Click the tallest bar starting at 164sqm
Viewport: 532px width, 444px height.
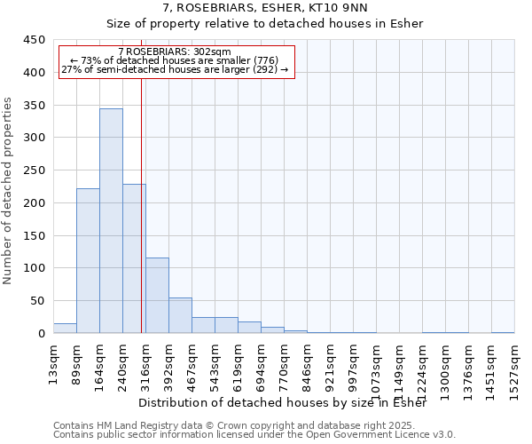point(111,221)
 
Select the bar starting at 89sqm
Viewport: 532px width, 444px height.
point(88,261)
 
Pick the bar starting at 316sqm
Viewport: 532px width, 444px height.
point(157,296)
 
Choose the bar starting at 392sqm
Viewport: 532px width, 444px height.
point(180,315)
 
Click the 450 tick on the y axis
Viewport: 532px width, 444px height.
point(35,40)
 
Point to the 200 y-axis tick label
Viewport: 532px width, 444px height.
point(35,203)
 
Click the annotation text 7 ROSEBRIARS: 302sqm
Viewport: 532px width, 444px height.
point(174,52)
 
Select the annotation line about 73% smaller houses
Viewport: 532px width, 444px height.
point(174,60)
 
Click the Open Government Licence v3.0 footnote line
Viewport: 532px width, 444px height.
point(254,435)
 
